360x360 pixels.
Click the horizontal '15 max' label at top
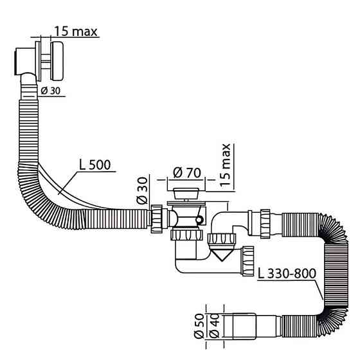(x=76, y=32)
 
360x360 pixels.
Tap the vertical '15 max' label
(x=225, y=165)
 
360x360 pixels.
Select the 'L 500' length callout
(x=95, y=165)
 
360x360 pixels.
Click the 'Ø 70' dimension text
(x=187, y=173)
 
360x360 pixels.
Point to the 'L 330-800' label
(x=287, y=273)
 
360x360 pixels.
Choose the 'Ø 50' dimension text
(x=199, y=326)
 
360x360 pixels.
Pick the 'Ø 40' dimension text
(x=215, y=326)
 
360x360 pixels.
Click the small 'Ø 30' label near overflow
(x=51, y=91)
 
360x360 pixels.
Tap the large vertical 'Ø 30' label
(x=142, y=190)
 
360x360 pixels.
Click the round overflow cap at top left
(x=57, y=61)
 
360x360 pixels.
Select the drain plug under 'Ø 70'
(x=186, y=194)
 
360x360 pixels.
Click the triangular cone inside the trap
(x=221, y=256)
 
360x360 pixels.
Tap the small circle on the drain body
(x=199, y=220)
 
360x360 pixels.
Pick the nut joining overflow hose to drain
(x=157, y=219)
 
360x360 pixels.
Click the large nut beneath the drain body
(x=186, y=235)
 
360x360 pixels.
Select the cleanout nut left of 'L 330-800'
(x=248, y=261)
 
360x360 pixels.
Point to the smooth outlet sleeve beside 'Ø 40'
(x=244, y=326)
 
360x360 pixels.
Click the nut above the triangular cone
(x=222, y=240)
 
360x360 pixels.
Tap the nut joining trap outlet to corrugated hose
(x=265, y=224)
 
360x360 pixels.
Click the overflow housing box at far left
(x=25, y=61)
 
